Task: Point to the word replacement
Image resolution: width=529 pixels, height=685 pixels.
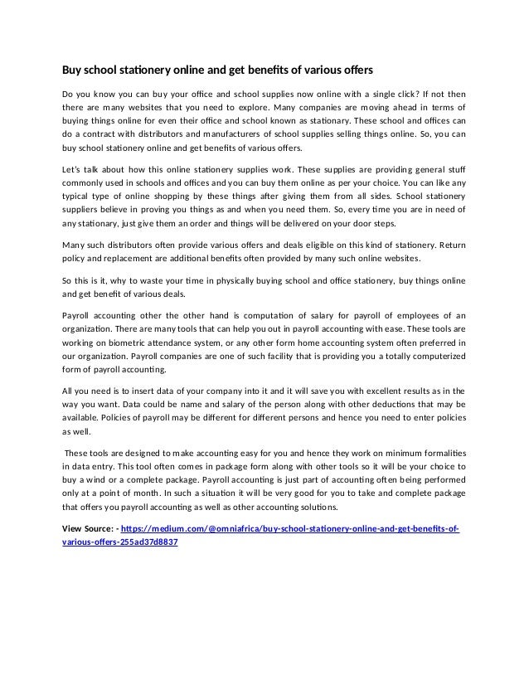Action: (122, 259)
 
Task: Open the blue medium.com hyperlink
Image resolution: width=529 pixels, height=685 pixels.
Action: (290, 528)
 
